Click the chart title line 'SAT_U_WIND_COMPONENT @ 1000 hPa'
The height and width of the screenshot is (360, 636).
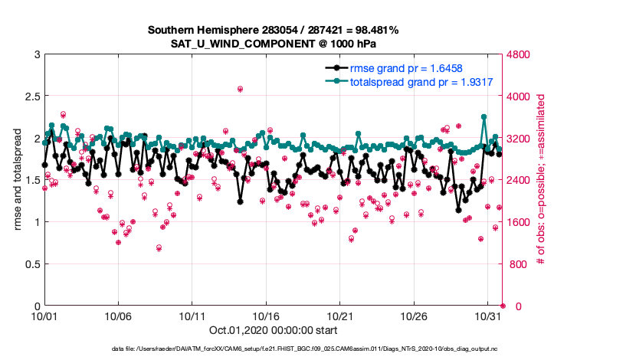click(273, 43)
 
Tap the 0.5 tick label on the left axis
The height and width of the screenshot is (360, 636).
click(30, 264)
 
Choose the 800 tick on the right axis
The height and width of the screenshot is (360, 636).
click(517, 264)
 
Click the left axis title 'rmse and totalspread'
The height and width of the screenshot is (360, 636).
click(17, 180)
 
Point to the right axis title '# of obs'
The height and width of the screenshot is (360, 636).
click(541, 180)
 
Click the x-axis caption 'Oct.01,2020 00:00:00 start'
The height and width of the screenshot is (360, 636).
click(273, 331)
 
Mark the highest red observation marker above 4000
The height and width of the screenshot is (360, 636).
click(240, 89)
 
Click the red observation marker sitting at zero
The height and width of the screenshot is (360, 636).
click(503, 306)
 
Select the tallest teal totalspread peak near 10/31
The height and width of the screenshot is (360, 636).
click(484, 117)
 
